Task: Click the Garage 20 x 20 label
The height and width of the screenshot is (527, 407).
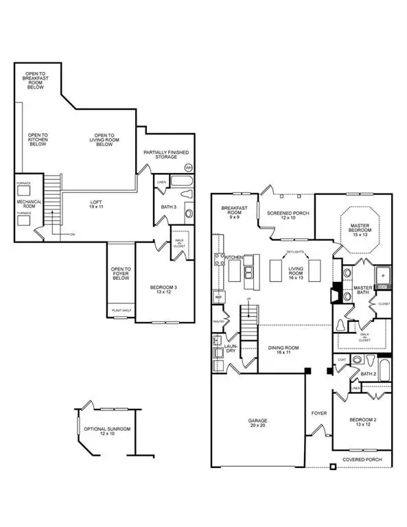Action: pos(257,423)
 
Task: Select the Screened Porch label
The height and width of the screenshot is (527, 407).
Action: pos(288,216)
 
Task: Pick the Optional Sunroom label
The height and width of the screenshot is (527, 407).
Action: pos(106,432)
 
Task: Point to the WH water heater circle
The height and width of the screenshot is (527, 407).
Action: pos(189,167)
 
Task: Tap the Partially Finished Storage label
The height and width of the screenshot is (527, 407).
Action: pos(166,155)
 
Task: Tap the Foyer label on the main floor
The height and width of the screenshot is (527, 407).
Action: pos(318,414)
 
